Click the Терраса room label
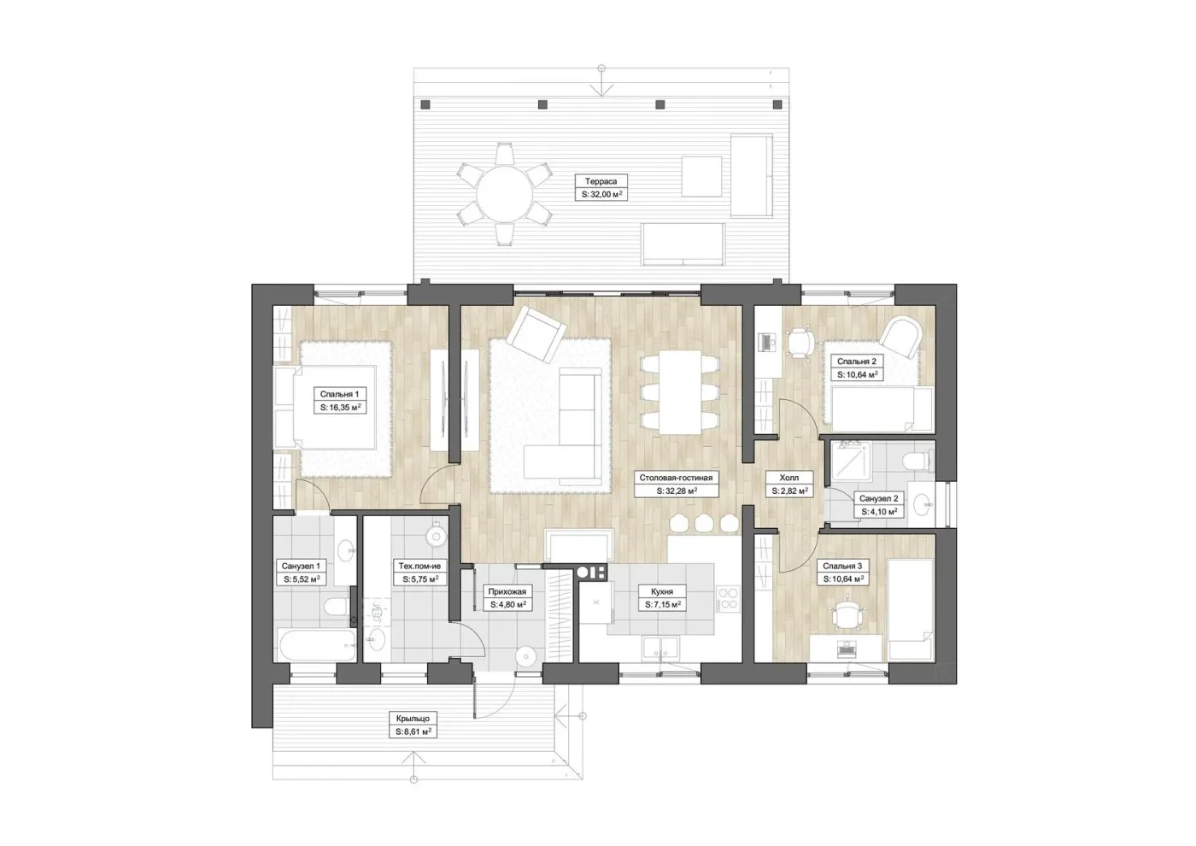coord(601,181)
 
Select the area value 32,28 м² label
coord(677,491)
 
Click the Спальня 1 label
coord(340,394)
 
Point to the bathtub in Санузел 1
coord(317,645)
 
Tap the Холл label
coord(789,478)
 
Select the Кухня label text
coord(662,591)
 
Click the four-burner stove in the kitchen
coord(728,599)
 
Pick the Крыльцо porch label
coord(413,719)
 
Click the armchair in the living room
coord(536,334)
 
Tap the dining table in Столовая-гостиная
coord(680,392)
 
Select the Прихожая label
coord(507,591)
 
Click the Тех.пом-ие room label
coord(419,566)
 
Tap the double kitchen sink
coord(661,649)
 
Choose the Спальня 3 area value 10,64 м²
coord(843,579)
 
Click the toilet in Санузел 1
coord(337,608)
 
